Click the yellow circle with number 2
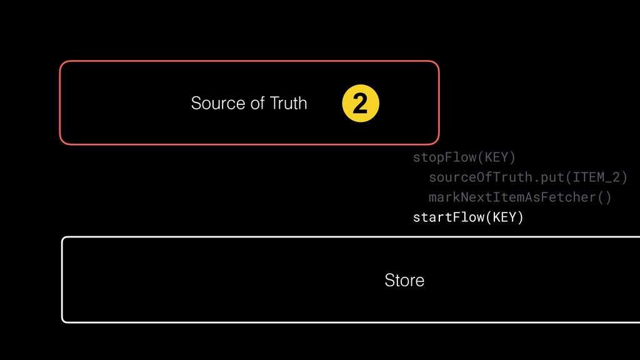point(361,104)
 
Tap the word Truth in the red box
point(288,103)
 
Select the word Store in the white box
point(404,281)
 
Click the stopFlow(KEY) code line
point(464,157)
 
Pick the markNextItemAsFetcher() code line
point(519,197)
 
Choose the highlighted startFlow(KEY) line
point(467,217)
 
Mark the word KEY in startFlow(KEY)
point(504,217)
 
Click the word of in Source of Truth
point(257,103)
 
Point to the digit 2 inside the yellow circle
point(361,104)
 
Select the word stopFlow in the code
point(444,157)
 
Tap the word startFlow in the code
point(447,217)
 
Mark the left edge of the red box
point(60,102)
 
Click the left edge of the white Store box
point(62,279)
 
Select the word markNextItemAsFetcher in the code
point(512,197)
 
